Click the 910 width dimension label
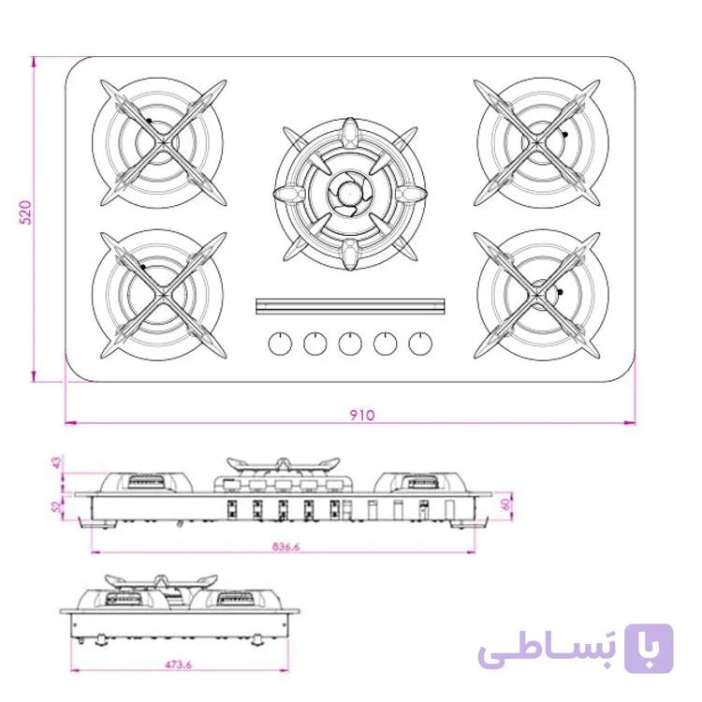coord(361,416)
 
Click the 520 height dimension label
coord(25,212)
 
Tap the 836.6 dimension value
coord(285,547)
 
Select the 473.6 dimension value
coord(178,665)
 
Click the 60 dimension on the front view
coord(505,505)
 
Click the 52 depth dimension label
coord(57,506)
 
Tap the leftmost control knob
coord(280,344)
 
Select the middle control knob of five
coord(350,344)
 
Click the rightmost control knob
coord(420,344)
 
